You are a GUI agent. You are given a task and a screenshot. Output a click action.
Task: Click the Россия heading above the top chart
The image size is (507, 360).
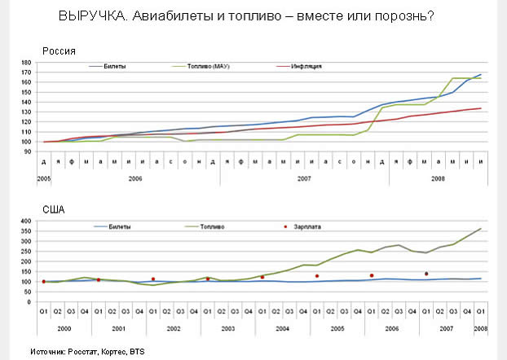tap(59, 50)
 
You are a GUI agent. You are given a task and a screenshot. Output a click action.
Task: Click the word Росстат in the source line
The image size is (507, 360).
tap(83, 351)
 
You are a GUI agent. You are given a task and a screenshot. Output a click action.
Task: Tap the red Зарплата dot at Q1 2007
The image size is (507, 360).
tap(425, 274)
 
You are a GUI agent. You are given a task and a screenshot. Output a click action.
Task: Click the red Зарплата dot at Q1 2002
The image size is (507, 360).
tap(152, 279)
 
